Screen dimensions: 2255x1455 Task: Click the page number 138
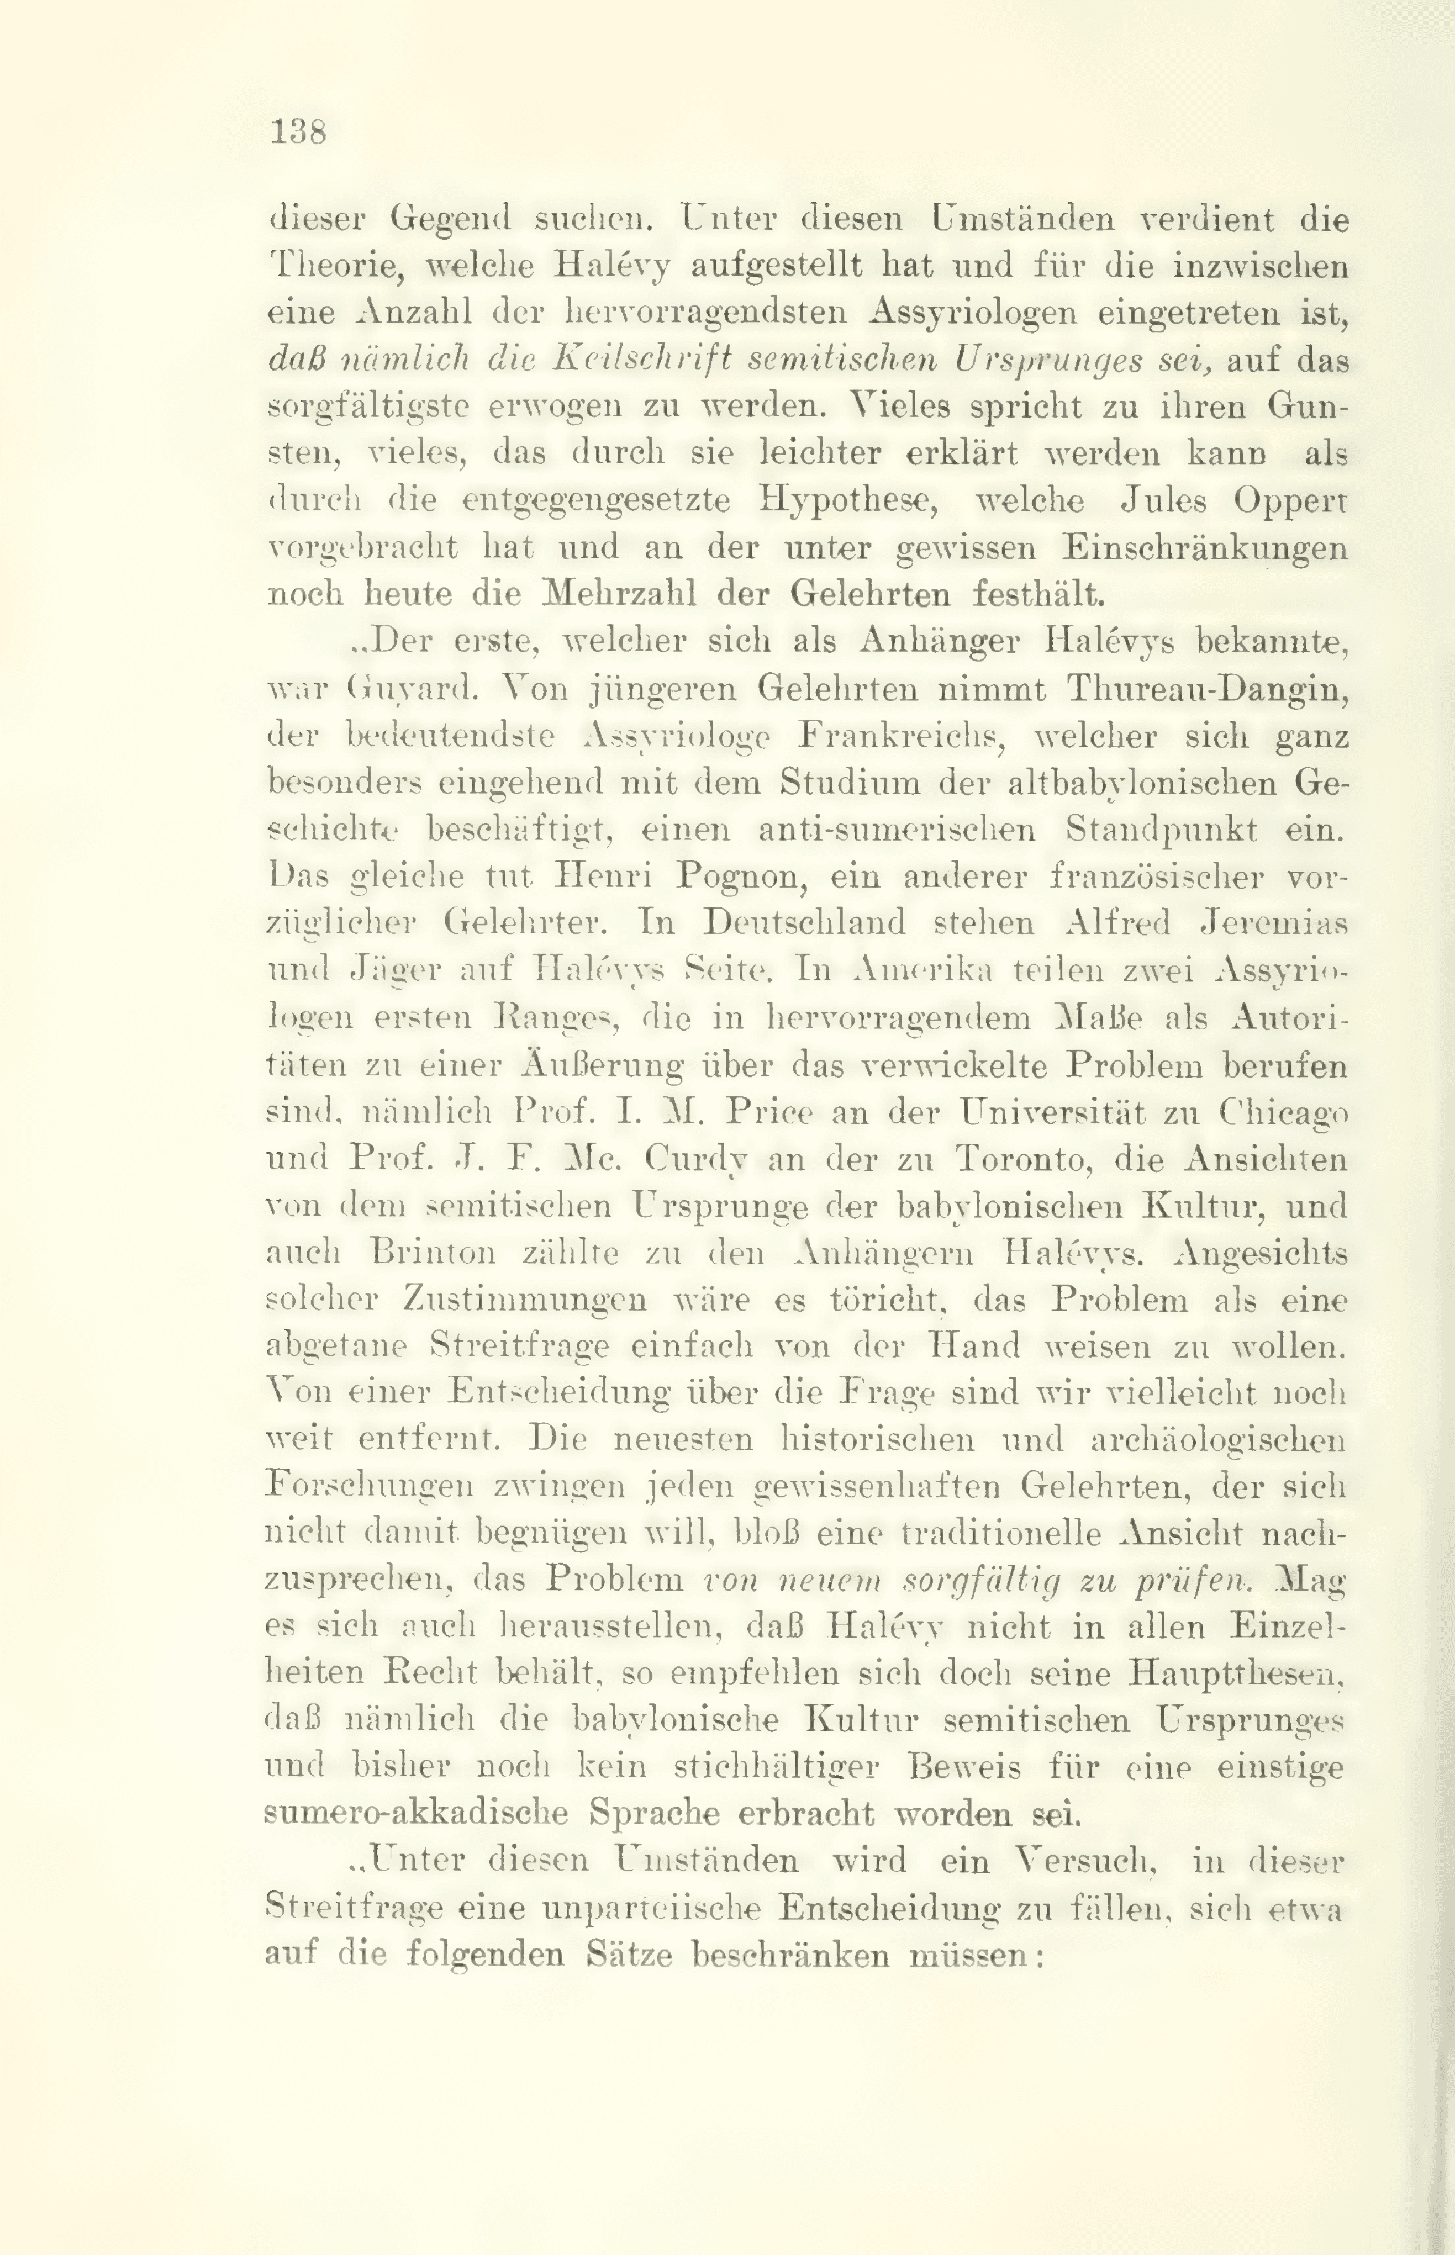point(298,131)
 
